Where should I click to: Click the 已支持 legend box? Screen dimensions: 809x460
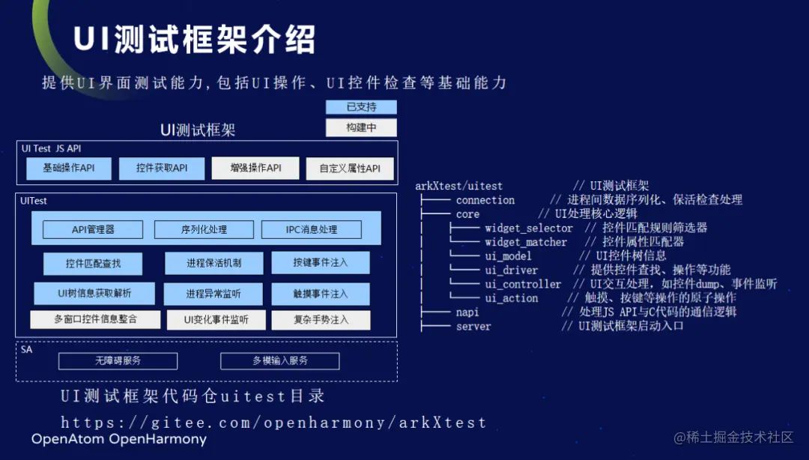pyautogui.click(x=361, y=107)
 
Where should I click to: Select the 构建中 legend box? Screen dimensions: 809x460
pyautogui.click(x=361, y=127)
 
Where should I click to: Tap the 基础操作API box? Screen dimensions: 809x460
pyautogui.click(x=69, y=169)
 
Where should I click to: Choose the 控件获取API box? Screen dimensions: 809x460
pyautogui.click(x=162, y=169)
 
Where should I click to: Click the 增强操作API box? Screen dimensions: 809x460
pyautogui.click(x=255, y=169)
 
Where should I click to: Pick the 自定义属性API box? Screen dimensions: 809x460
pyautogui.click(x=350, y=169)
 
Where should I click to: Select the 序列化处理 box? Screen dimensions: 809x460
pyautogui.click(x=204, y=229)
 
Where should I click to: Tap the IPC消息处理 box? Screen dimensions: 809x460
pyautogui.click(x=312, y=229)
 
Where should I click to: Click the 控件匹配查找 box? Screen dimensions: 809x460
pyautogui.click(x=93, y=263)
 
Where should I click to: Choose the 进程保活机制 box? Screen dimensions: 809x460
pyautogui.click(x=214, y=263)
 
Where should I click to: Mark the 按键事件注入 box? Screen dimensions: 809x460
pyautogui.click(x=320, y=263)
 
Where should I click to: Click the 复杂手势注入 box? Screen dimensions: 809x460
pyautogui.click(x=320, y=320)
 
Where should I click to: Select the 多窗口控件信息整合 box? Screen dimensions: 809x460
pyautogui.click(x=95, y=320)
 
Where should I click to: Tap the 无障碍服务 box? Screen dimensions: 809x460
pyautogui.click(x=118, y=361)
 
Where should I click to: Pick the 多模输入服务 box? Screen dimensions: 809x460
pyautogui.click(x=279, y=361)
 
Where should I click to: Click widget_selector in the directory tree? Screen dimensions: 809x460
pyautogui.click(x=528, y=228)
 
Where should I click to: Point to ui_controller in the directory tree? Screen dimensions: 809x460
pyautogui.click(x=522, y=284)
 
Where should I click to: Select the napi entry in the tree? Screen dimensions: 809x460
pyautogui.click(x=467, y=312)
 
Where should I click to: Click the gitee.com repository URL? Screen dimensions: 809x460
pyautogui.click(x=273, y=423)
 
